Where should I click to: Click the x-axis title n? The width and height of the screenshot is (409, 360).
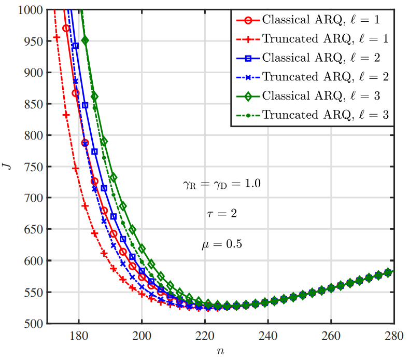[x=221, y=351]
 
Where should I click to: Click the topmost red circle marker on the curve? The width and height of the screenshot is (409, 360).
[x=66, y=28]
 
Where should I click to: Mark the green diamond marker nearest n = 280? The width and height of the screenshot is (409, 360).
[x=388, y=272]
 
